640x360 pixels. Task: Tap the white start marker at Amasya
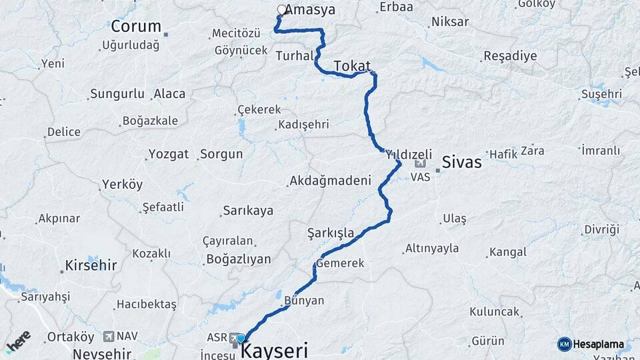[x=281, y=10]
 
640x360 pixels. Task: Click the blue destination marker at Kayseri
[x=240, y=338]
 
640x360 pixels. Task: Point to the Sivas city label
[x=461, y=161]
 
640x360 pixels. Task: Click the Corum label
[x=136, y=27]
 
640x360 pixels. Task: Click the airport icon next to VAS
[x=420, y=163]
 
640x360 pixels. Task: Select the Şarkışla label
[x=330, y=233]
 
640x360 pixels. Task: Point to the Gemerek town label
[x=341, y=263]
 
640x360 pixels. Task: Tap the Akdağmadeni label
[x=329, y=181]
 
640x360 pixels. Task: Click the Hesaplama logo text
[x=599, y=345]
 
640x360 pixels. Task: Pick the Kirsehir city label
[x=91, y=265]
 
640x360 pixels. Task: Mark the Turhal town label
[x=293, y=55]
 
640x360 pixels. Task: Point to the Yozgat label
[x=169, y=154]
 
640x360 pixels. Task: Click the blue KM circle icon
[x=564, y=345]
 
